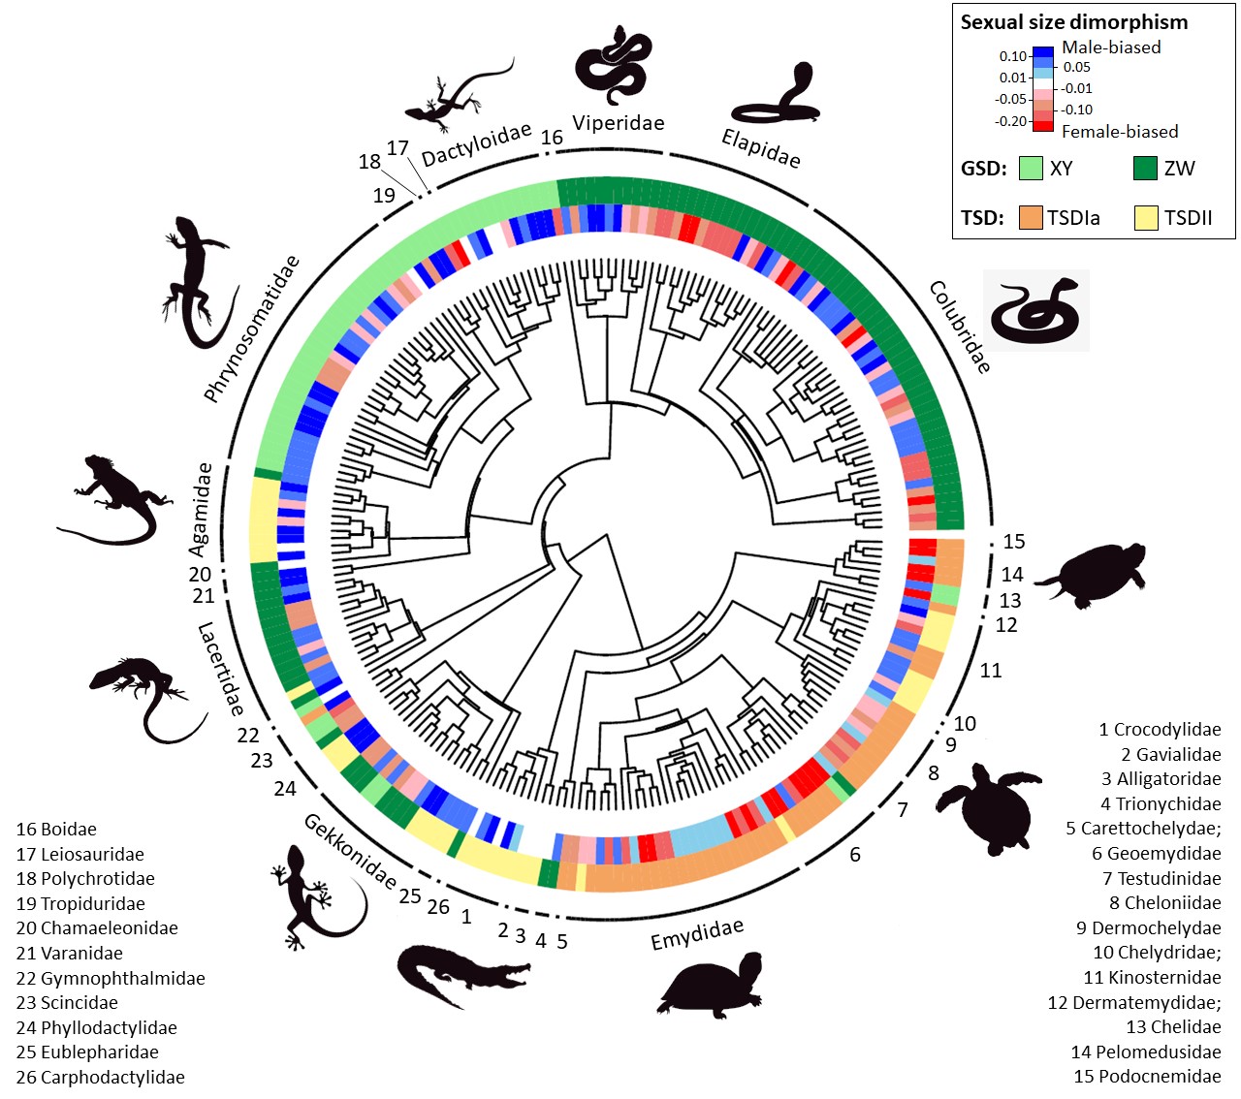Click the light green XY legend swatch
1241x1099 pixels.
1031,169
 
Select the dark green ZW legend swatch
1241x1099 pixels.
1145,169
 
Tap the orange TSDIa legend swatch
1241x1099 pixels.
1031,218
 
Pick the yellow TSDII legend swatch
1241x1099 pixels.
1146,218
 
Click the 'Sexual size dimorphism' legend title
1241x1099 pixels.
1073,22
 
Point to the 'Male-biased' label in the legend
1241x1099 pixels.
1111,47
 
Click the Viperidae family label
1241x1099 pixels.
618,123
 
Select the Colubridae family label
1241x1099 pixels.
960,327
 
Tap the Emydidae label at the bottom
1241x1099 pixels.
696,934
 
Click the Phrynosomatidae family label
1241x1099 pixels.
251,329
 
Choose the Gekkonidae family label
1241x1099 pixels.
350,851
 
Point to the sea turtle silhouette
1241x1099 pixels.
989,801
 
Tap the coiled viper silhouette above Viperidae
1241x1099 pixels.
613,65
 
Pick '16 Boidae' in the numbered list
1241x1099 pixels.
56,830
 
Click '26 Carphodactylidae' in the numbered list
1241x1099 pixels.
100,1077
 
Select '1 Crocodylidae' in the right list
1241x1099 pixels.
1160,729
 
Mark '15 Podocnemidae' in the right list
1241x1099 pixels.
1147,1076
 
